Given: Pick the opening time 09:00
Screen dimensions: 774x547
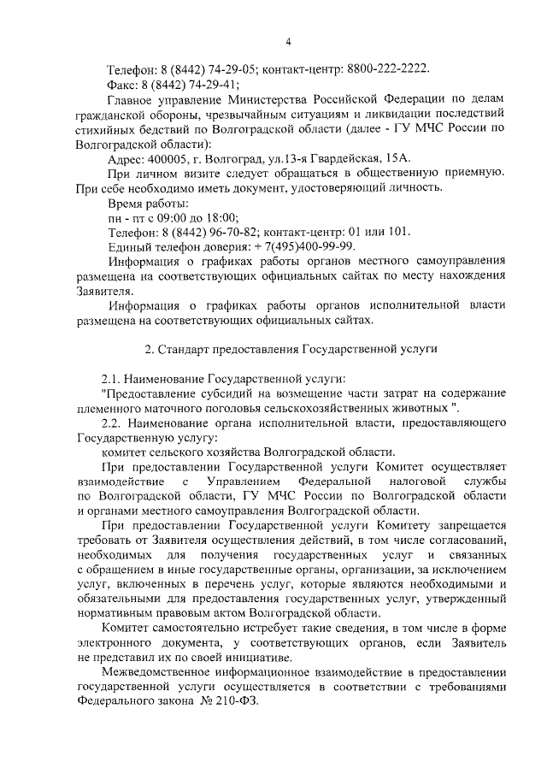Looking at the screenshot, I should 177,217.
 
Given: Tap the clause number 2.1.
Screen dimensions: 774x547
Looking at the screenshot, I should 111,378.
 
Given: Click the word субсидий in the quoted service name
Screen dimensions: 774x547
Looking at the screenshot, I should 240,393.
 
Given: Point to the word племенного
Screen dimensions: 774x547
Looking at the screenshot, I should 112,408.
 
